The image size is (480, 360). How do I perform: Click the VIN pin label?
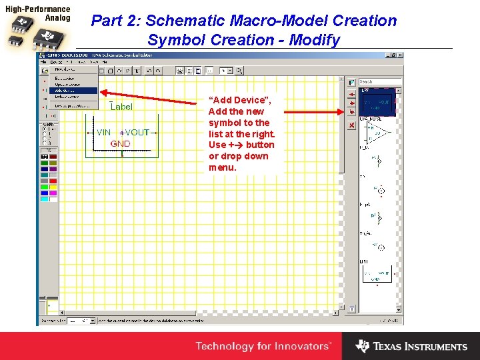(x=103, y=133)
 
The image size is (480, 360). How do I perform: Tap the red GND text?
(x=121, y=143)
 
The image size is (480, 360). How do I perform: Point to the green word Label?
(x=121, y=107)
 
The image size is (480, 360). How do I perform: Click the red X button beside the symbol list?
(x=351, y=125)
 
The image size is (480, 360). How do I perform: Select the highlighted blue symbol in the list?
(x=377, y=103)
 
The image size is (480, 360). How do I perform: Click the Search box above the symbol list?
(x=380, y=82)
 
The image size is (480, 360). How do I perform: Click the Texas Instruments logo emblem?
(x=363, y=346)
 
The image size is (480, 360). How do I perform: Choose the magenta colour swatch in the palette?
(x=53, y=193)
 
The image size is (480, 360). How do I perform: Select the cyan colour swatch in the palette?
(x=44, y=199)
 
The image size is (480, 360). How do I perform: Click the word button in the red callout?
(x=260, y=145)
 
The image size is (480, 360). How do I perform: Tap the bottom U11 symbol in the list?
(x=377, y=273)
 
